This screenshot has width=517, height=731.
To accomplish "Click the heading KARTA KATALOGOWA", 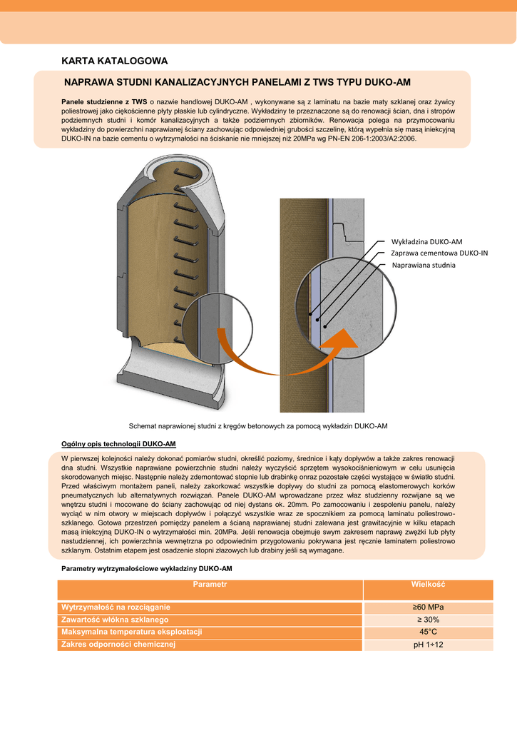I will point(115,61).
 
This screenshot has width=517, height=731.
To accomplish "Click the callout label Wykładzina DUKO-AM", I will point(427,241).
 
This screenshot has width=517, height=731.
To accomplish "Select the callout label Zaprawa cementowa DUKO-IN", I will point(439,253).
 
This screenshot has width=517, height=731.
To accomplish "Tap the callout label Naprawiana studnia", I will point(424,265).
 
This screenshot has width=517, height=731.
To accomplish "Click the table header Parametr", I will point(210,585).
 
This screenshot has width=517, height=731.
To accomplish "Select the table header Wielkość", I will point(428,585).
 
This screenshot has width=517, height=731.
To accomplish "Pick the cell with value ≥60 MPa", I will point(428,608).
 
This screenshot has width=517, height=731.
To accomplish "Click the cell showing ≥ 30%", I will point(428,620).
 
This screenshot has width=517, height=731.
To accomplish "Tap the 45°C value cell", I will point(428,632).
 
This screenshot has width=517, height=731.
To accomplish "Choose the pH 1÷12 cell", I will point(428,645).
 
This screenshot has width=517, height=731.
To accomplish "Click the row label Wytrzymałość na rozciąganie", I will point(116,608).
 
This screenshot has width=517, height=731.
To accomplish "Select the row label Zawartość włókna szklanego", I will point(115,620).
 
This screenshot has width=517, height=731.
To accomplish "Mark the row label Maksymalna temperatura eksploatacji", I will point(132,632).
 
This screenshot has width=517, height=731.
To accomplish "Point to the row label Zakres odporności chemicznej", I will point(118,645).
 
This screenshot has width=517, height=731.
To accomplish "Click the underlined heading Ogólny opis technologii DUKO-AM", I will point(118,443).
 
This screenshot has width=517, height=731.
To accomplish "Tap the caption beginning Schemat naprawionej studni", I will point(257,426).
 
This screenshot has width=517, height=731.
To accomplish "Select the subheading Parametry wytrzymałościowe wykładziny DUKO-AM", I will point(146,568).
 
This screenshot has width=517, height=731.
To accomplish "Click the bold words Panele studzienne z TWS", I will point(104,101).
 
